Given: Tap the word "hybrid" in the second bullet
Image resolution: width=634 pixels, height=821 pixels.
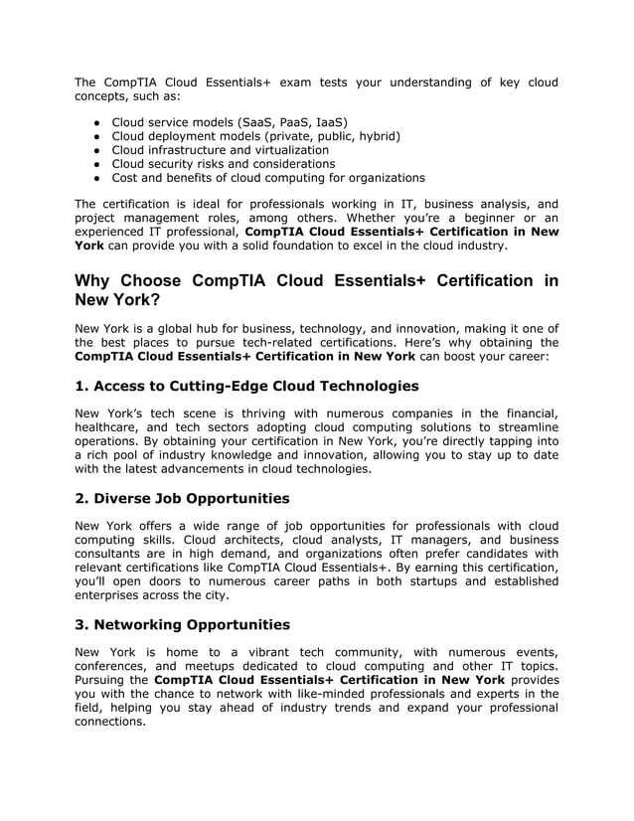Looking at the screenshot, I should pos(376,135).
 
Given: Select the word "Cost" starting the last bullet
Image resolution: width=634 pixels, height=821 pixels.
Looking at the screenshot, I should pos(126,177).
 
